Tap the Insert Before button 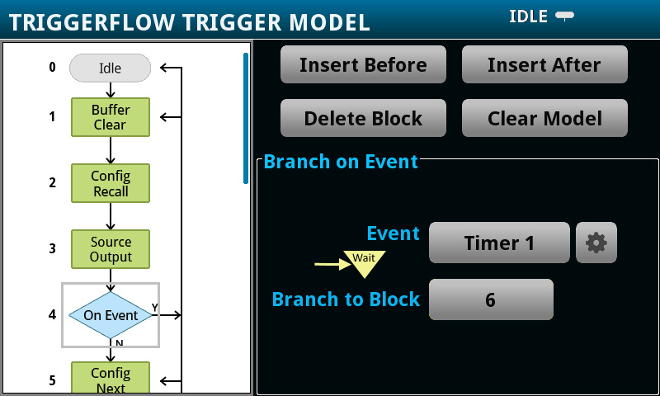[363, 64]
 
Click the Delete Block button [363, 118]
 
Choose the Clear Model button [544, 118]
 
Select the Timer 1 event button [499, 243]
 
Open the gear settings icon [596, 243]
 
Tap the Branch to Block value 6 [490, 299]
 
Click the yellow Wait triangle [364, 262]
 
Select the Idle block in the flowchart [110, 68]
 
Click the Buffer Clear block [110, 117]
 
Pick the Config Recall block [110, 183]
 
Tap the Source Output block [110, 249]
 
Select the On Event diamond [110, 314]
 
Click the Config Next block [110, 379]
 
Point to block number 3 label [52, 248]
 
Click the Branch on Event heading [341, 162]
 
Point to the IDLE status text [528, 16]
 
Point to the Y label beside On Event [154, 308]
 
